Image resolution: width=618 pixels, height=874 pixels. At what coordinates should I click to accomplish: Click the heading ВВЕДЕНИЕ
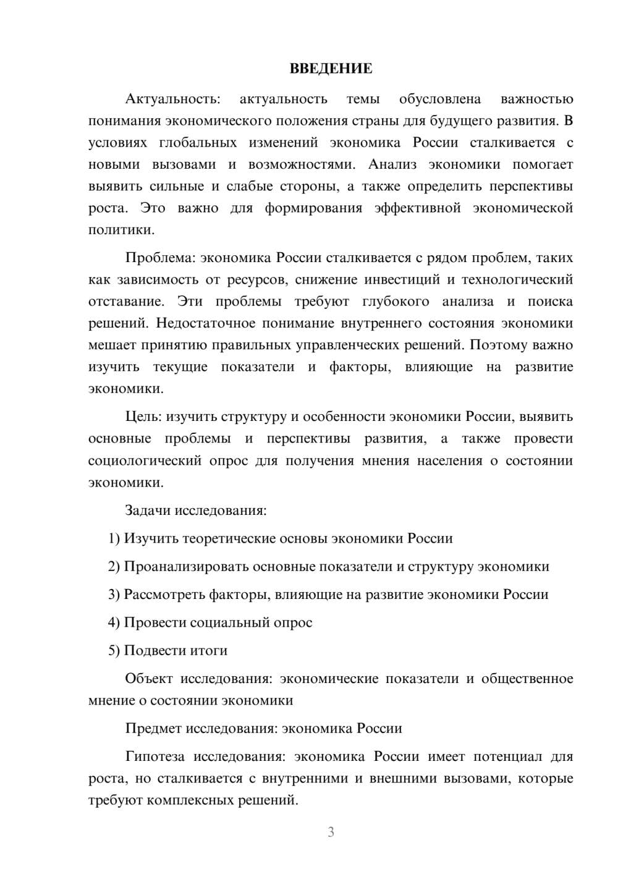pyautogui.click(x=331, y=69)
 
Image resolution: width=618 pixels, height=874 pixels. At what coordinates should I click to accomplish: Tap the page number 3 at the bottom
pyautogui.click(x=331, y=832)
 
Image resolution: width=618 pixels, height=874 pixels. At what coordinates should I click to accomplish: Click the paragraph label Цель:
pyautogui.click(x=143, y=417)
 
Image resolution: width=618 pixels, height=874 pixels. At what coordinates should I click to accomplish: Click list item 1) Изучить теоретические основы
pyautogui.click(x=280, y=538)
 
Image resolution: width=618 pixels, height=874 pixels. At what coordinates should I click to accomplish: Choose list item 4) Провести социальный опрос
pyautogui.click(x=210, y=622)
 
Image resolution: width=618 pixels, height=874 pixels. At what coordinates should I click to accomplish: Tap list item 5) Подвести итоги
pyautogui.click(x=167, y=650)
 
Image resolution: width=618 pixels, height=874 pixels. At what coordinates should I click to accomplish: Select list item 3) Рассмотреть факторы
pyautogui.click(x=328, y=595)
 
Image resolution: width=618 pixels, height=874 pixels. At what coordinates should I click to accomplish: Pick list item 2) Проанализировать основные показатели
pyautogui.click(x=328, y=567)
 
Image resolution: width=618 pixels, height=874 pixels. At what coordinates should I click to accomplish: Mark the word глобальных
pyautogui.click(x=198, y=143)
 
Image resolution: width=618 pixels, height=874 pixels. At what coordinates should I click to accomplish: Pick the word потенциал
pyautogui.click(x=507, y=757)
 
